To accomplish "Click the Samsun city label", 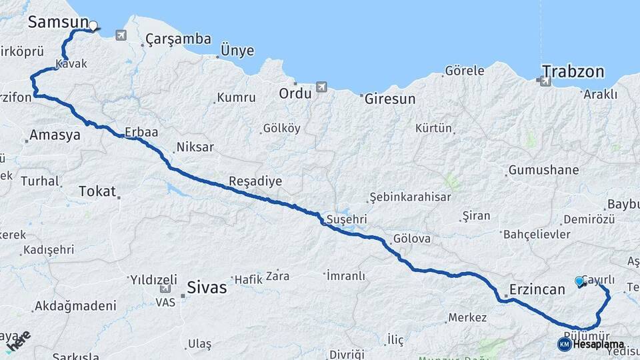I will [57, 22].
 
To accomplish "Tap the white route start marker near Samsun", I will [93, 27].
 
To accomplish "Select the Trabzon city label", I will [573, 71].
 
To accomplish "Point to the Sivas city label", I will [207, 289].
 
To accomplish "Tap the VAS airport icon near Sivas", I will [165, 289].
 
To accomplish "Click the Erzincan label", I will [537, 289].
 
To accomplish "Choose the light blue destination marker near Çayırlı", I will [579, 281].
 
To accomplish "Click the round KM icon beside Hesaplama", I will [564, 344].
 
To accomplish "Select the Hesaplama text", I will [598, 345].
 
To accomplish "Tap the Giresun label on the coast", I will [390, 99].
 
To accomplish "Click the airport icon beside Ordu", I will [323, 87].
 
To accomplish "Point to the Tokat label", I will [97, 191].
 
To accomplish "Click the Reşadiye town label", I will [255, 181].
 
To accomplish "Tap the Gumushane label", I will [543, 171].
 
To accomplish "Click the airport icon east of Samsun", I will [121, 35].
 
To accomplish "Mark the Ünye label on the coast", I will [237, 51].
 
